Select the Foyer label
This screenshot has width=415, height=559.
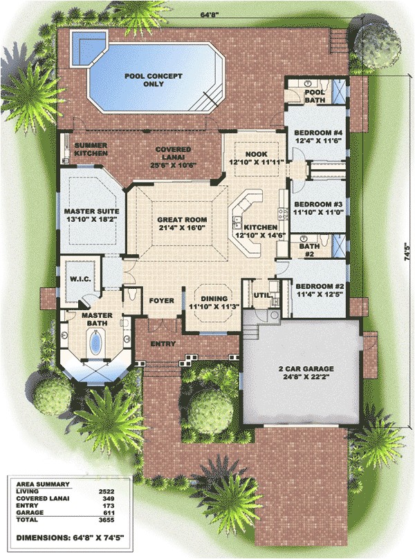160,301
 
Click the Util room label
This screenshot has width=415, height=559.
261,295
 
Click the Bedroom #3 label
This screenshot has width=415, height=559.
316,205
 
